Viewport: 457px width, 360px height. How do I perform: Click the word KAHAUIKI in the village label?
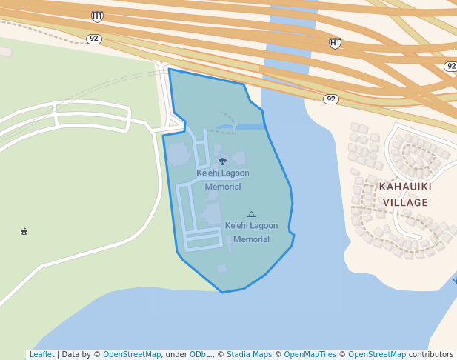click(x=404, y=187)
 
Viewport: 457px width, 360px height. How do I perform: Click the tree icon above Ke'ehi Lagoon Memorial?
click(x=222, y=161)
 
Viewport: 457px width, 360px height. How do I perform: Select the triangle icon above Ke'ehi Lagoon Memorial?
click(x=251, y=214)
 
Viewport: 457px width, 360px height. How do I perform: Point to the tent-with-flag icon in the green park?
click(x=24, y=232)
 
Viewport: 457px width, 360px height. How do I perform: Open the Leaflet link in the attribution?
click(x=42, y=355)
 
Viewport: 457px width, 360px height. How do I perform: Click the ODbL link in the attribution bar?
click(x=200, y=355)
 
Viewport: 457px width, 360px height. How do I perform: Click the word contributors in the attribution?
click(x=430, y=355)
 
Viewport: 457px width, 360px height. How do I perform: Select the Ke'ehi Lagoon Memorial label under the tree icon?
click(x=222, y=180)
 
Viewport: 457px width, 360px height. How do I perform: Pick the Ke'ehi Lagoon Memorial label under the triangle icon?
click(x=251, y=233)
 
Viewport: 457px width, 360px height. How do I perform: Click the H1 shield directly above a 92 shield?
click(x=97, y=16)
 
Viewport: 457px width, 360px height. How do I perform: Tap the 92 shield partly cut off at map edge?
click(x=450, y=67)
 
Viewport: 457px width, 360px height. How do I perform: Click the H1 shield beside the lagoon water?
click(x=335, y=43)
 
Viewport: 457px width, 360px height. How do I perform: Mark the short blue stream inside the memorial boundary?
click(x=248, y=127)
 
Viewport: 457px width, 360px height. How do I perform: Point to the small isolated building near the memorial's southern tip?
click(x=221, y=268)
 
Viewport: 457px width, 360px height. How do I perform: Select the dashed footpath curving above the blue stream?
click(x=228, y=116)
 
